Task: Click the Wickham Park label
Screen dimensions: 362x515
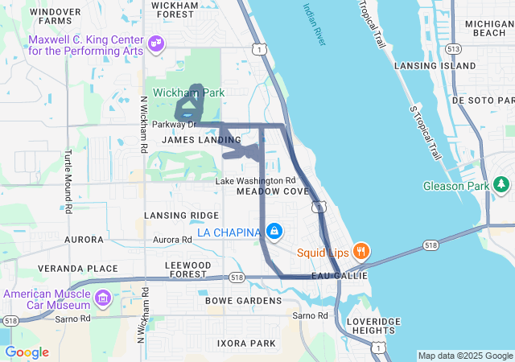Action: click(190, 93)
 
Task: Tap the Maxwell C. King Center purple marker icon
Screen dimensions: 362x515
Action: click(156, 42)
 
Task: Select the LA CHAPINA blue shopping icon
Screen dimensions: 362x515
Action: click(275, 232)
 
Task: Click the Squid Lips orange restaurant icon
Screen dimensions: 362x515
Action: click(361, 250)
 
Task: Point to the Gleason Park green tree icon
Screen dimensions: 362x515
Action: click(503, 186)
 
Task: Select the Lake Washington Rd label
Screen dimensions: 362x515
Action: click(255, 180)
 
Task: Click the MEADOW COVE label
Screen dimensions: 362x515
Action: click(273, 191)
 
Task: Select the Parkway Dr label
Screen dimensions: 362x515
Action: click(175, 124)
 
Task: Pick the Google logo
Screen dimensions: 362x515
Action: click(27, 352)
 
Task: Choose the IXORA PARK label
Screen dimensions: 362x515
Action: click(246, 343)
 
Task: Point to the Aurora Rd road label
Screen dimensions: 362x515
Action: click(171, 240)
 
